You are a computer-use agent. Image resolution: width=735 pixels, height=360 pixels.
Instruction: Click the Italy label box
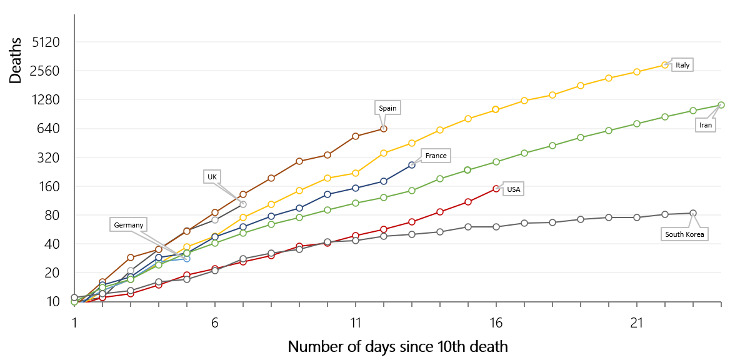click(x=682, y=64)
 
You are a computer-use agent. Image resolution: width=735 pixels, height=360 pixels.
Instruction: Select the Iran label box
click(x=705, y=125)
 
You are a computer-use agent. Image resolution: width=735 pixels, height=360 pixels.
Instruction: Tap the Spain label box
click(x=387, y=108)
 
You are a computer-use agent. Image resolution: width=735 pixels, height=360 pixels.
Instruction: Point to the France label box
click(x=435, y=156)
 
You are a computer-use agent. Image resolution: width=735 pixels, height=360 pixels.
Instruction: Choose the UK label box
click(x=212, y=177)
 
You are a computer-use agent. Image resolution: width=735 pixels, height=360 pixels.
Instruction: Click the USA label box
click(x=513, y=189)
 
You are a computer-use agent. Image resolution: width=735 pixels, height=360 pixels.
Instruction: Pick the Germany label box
click(x=129, y=225)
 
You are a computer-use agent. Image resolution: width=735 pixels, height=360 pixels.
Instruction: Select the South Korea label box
click(x=684, y=235)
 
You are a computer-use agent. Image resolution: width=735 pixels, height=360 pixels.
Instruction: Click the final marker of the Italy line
click(x=665, y=64)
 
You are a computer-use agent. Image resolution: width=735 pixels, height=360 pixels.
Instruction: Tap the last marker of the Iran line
click(x=721, y=105)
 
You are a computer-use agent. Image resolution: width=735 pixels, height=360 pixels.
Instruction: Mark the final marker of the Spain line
click(x=384, y=129)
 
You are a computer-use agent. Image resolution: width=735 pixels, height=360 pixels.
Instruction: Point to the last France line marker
click(x=412, y=164)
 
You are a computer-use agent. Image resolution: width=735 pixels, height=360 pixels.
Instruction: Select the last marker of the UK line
click(x=243, y=204)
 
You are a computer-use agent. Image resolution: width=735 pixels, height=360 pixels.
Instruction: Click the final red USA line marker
click(x=496, y=188)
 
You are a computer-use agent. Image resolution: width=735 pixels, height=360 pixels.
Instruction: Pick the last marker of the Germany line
click(x=187, y=258)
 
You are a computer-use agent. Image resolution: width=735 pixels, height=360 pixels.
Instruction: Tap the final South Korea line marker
click(x=692, y=213)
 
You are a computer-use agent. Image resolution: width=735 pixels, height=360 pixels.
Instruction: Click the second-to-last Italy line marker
click(x=637, y=72)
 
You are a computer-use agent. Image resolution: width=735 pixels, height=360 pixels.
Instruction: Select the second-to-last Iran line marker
click(x=693, y=111)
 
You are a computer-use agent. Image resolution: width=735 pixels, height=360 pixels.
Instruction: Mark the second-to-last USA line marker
click(x=468, y=201)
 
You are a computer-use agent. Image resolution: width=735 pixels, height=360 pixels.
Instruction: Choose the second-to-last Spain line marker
click(x=356, y=136)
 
